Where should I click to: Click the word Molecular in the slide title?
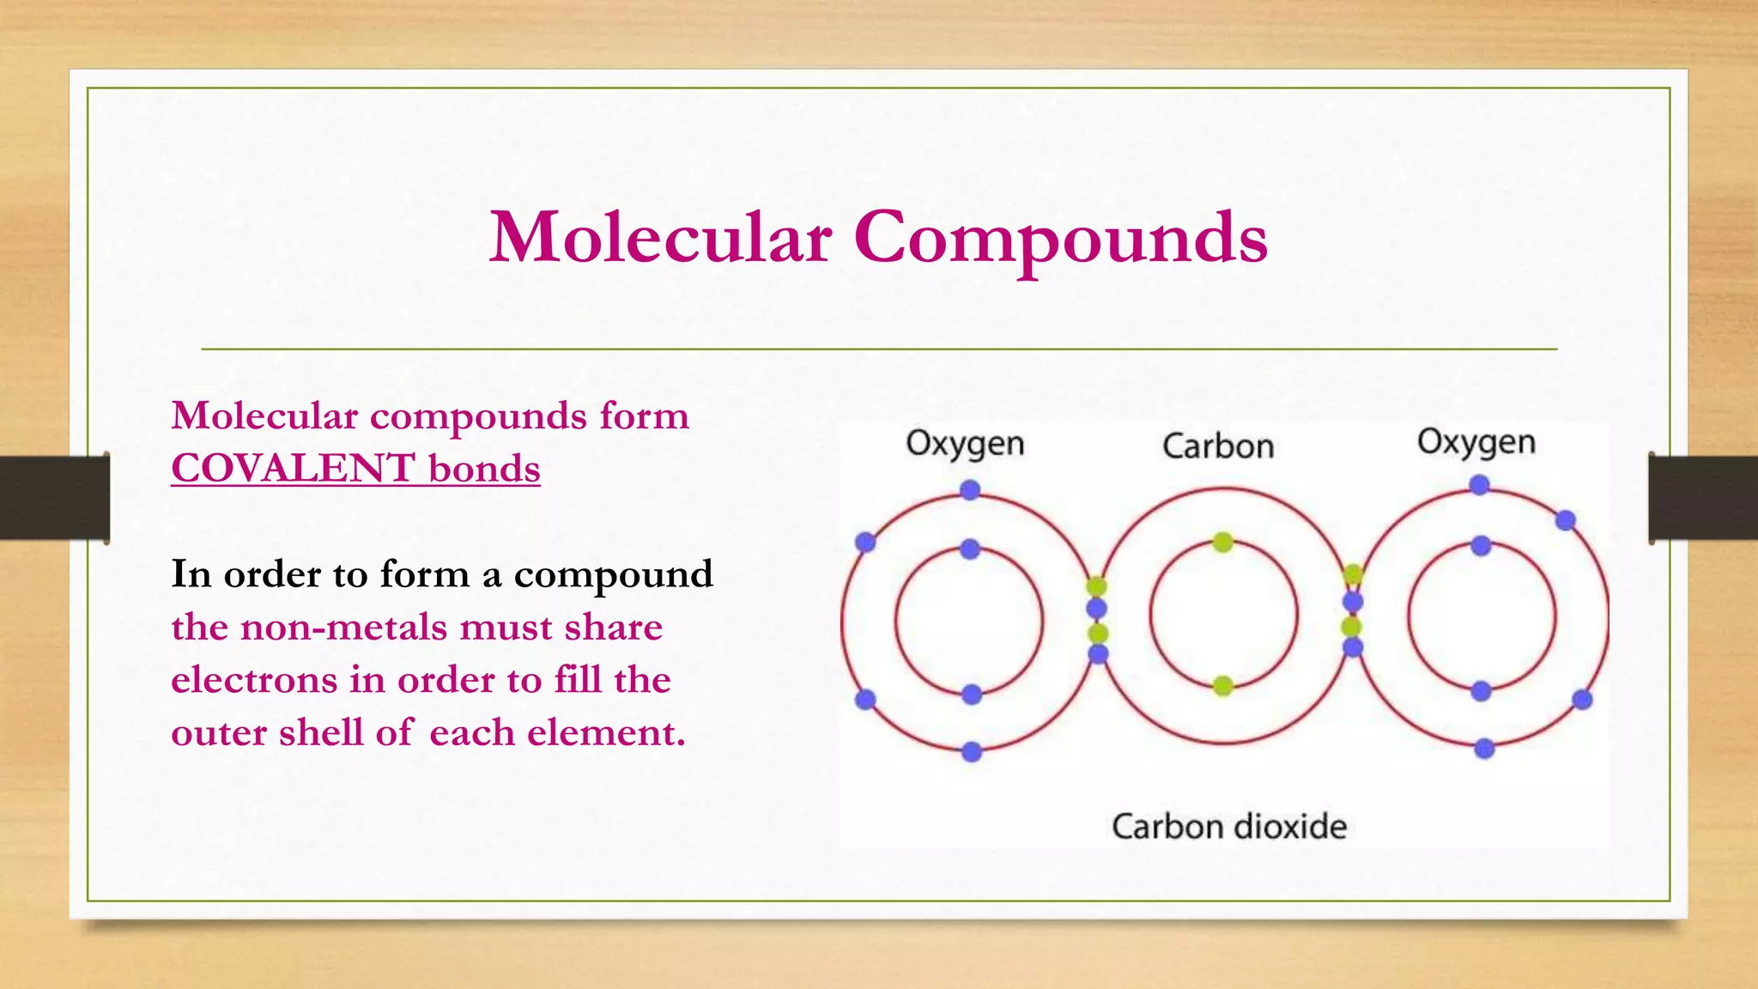pos(660,238)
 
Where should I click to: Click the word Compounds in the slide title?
pos(1060,238)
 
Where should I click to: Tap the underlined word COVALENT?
pos(294,469)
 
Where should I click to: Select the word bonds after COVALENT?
pos(484,469)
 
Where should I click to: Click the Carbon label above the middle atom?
pos(1218,446)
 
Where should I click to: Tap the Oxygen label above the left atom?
pos(965,444)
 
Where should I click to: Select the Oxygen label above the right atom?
pos(1476,442)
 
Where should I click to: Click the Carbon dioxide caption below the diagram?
pos(1229,827)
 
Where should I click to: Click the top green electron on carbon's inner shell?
pos(1223,542)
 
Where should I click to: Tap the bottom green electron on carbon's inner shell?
pos(1223,685)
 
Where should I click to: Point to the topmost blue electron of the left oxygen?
pos(970,490)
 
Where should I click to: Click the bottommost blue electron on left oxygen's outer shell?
pos(972,752)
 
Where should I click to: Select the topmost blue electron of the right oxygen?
pos(1479,485)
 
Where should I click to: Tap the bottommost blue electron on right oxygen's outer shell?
pos(1484,749)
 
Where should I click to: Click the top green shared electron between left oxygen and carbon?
pos(1096,587)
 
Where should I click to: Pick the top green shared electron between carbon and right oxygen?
pos(1353,574)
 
